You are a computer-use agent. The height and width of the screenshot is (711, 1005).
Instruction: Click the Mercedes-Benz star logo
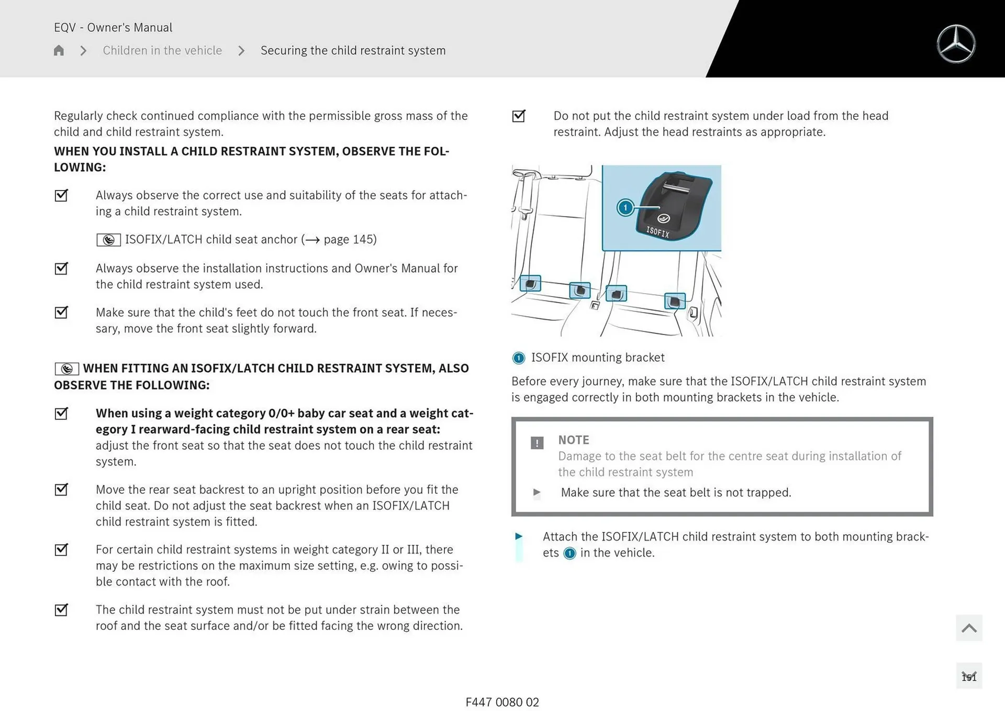point(956,44)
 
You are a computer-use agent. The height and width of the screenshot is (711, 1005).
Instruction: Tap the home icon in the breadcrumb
point(59,50)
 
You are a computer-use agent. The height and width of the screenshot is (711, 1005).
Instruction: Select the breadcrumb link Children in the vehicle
point(162,50)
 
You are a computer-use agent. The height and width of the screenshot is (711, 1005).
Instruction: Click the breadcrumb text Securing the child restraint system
point(353,50)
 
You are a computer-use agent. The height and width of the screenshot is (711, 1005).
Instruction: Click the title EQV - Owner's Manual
point(113,27)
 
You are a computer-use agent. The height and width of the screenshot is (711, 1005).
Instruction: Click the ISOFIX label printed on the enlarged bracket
point(657,231)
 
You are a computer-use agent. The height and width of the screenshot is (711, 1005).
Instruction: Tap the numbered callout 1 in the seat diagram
point(625,207)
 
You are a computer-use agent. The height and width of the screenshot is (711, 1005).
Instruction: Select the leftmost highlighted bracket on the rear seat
point(530,283)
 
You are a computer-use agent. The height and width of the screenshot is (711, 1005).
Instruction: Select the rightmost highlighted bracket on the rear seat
point(674,301)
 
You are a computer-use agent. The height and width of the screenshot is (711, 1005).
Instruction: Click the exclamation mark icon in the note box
point(537,443)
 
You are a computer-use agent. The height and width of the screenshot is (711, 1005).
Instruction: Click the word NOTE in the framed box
point(573,440)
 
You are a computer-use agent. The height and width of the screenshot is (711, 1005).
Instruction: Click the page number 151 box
point(969,676)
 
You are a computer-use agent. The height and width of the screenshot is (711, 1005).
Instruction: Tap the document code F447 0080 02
point(502,702)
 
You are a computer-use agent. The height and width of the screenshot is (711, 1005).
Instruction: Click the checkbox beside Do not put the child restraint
point(519,116)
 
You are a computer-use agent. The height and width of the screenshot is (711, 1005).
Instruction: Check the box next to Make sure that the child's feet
point(61,312)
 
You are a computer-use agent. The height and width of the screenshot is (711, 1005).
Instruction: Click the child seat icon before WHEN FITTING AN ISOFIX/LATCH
point(67,369)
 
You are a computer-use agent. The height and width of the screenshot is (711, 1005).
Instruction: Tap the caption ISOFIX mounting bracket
point(597,358)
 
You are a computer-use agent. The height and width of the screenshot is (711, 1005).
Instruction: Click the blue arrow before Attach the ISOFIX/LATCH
point(519,536)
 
